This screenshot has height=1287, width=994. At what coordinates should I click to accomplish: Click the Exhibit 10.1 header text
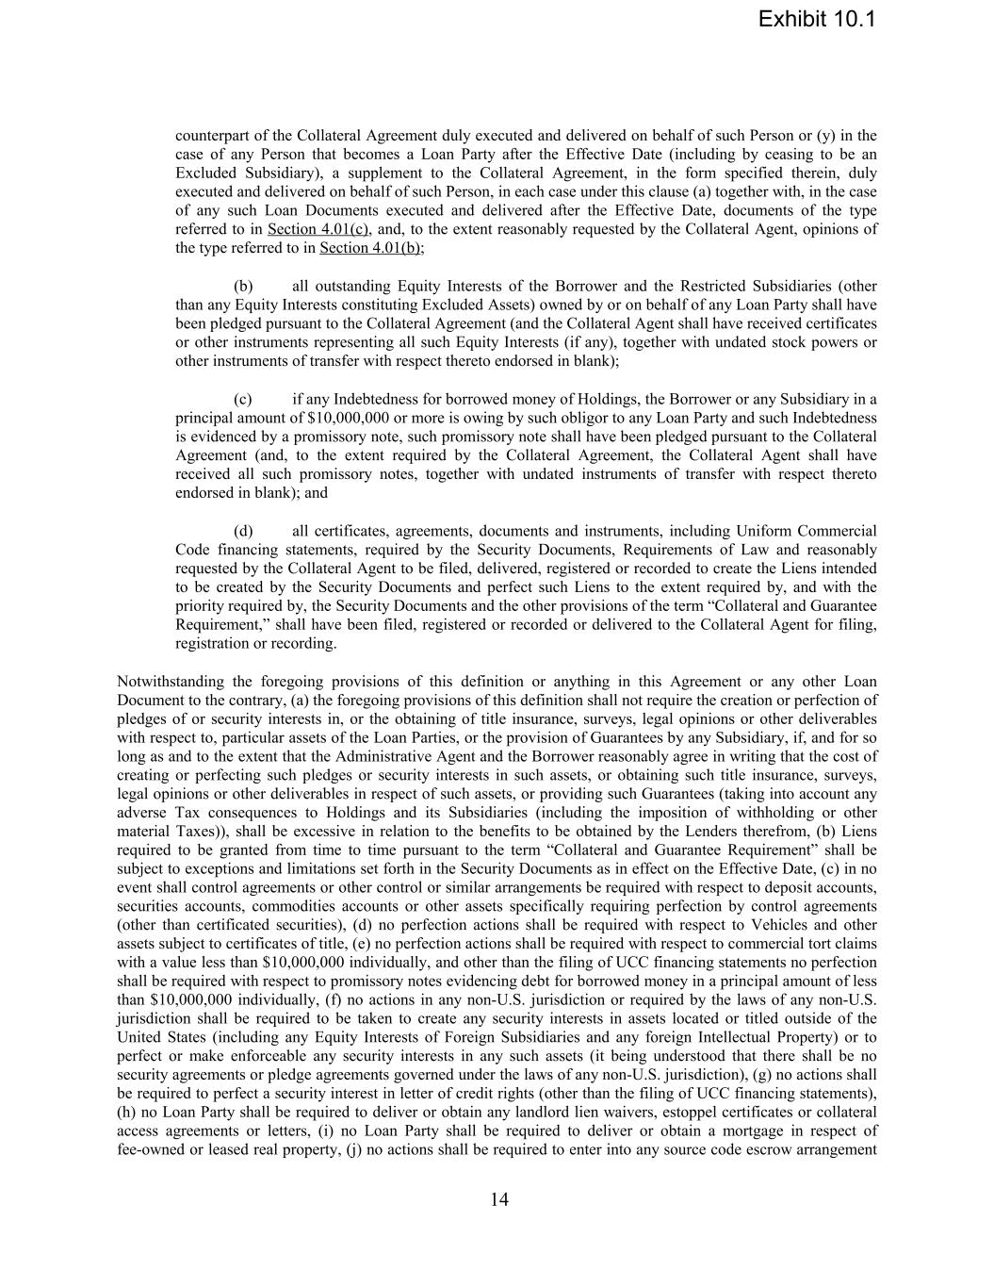[816, 19]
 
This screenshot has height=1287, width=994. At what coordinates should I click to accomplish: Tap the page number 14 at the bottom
[499, 1199]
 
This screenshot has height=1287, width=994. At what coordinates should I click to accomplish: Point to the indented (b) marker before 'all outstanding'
[243, 286]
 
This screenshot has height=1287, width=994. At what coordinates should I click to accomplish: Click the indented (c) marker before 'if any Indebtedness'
[243, 399]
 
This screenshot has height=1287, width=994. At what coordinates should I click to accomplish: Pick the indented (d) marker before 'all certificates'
[243, 531]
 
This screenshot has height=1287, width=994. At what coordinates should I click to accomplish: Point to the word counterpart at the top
[213, 135]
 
